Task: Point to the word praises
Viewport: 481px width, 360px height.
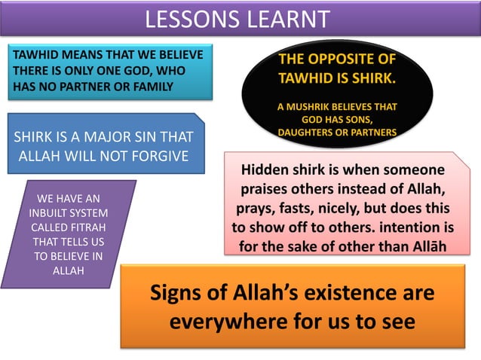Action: point(270,188)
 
